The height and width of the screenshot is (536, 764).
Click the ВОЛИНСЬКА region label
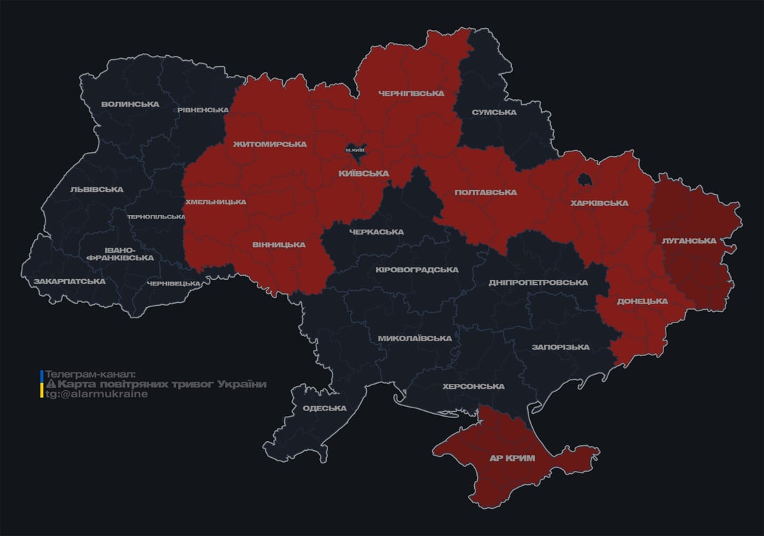[130, 105]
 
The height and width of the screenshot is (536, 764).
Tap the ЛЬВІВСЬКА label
[96, 190]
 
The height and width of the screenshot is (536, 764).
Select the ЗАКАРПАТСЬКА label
[69, 282]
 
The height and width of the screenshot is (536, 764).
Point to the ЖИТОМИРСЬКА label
[270, 144]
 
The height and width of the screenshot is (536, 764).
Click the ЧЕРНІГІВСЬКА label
[411, 94]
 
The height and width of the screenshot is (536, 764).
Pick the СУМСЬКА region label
[494, 112]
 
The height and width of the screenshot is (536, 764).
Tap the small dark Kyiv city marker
[355, 149]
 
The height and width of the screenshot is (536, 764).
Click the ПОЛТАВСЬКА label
[485, 193]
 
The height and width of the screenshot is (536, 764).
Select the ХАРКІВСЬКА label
[599, 204]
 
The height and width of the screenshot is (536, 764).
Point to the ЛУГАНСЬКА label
[689, 241]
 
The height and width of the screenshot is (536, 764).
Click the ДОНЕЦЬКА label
[642, 301]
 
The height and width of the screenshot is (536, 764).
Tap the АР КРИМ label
[512, 459]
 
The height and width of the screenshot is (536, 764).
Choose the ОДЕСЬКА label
[325, 409]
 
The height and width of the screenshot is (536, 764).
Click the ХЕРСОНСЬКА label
[473, 387]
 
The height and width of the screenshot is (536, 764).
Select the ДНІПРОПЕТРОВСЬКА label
[538, 283]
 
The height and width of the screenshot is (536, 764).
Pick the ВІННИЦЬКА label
[279, 245]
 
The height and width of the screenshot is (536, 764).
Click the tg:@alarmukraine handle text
[96, 394]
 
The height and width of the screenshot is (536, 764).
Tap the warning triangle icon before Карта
[50, 385]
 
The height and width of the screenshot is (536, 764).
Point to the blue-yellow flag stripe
[42, 384]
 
